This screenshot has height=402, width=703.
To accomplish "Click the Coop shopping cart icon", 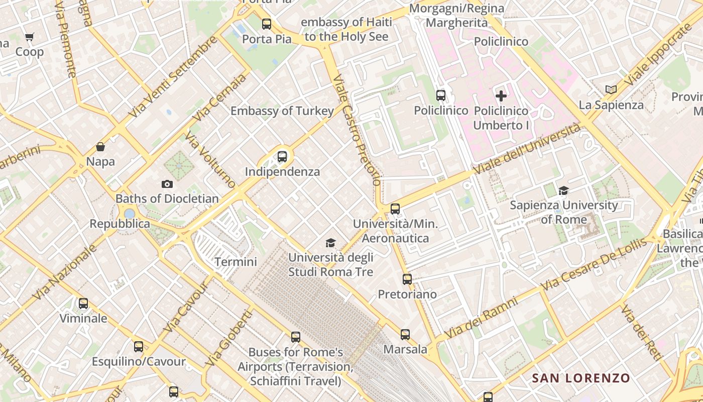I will pyautogui.click(x=29, y=37).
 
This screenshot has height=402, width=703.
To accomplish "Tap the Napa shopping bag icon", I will pyautogui.click(x=100, y=147).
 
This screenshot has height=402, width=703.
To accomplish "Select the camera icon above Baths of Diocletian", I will pyautogui.click(x=167, y=184).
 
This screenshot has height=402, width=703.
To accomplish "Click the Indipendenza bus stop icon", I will pyautogui.click(x=282, y=157).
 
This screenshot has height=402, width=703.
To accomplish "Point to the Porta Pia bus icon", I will pyautogui.click(x=267, y=24).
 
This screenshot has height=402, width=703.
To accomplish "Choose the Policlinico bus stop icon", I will pyautogui.click(x=441, y=95).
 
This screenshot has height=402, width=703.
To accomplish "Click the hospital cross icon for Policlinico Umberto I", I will pyautogui.click(x=501, y=95).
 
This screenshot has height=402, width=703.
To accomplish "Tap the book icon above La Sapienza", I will pyautogui.click(x=611, y=90).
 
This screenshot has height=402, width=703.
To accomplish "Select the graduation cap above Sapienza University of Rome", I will pyautogui.click(x=564, y=190).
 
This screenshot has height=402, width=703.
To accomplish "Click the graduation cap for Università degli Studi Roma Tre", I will pyautogui.click(x=330, y=243).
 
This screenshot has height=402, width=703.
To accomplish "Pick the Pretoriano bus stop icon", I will pyautogui.click(x=407, y=279).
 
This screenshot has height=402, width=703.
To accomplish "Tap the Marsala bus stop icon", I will pyautogui.click(x=405, y=334).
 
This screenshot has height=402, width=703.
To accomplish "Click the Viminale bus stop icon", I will pyautogui.click(x=83, y=304).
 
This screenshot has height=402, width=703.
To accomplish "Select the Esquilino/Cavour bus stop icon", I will pyautogui.click(x=139, y=347).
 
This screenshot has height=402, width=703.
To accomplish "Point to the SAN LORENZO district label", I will pyautogui.click(x=581, y=378).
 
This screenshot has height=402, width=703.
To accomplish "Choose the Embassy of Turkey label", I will pyautogui.click(x=282, y=111).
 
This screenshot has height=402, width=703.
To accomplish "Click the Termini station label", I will pyautogui.click(x=236, y=262).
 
